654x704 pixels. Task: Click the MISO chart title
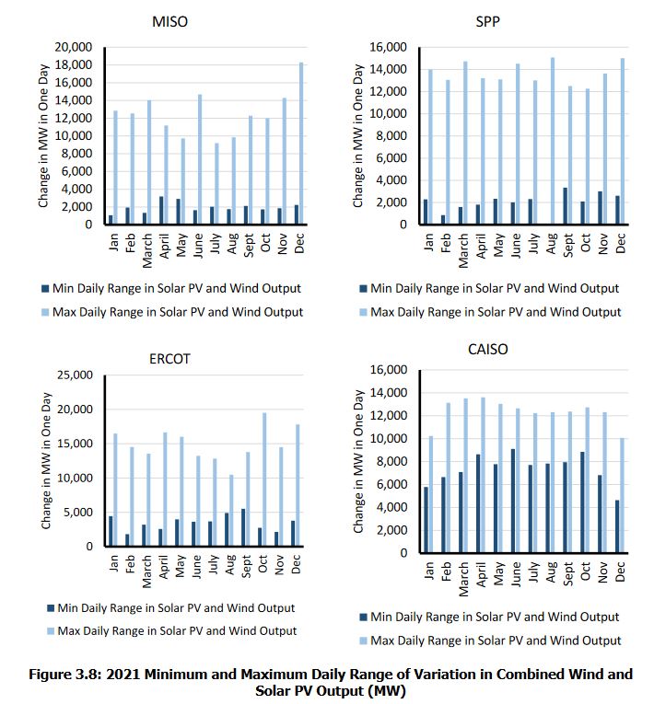[169, 21]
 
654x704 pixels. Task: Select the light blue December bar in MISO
[301, 144]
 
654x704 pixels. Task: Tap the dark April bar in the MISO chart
[161, 210]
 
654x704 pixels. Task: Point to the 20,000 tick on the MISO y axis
[74, 47]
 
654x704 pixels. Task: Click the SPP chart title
[487, 21]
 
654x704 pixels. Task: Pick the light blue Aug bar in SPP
[553, 141]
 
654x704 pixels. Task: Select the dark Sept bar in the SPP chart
[566, 206]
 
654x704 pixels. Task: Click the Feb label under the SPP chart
[446, 243]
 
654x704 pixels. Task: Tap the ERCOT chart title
[169, 359]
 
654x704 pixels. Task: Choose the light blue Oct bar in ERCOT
[264, 479]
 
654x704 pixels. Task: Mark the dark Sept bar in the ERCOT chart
[243, 527]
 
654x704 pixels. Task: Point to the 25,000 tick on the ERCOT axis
[75, 375]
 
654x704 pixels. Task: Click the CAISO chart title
[487, 350]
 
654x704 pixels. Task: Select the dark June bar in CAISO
[513, 501]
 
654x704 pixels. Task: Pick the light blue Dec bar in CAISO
[622, 496]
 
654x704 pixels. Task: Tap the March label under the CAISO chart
[463, 579]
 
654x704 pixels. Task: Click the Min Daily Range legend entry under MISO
[171, 288]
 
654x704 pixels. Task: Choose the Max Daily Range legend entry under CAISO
[490, 641]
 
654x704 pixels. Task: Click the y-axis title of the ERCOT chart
[46, 461]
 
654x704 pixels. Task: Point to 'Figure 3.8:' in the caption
[65, 675]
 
